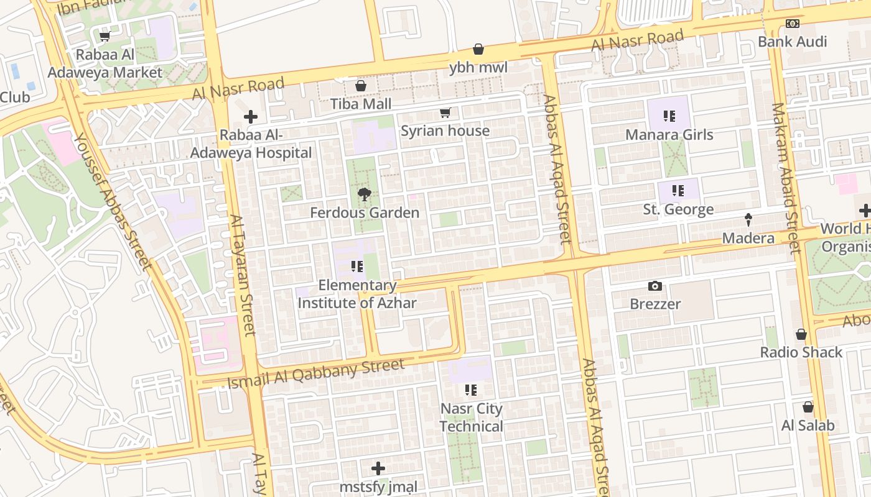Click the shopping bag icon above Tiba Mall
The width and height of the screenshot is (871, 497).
coord(360,86)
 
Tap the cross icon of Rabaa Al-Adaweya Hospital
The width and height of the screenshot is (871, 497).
coord(251,117)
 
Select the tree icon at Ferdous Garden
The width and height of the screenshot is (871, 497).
coord(365,195)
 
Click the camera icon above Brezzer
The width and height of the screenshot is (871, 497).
coord(654,286)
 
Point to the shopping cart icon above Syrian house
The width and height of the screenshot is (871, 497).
coord(445,113)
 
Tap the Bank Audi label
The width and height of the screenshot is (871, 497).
coord(792,42)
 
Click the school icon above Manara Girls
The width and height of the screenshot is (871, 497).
coord(669,116)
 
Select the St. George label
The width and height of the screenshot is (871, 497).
coord(678,209)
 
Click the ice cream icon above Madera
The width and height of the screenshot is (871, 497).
coord(748,220)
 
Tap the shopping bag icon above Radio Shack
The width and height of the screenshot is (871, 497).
coord(801,334)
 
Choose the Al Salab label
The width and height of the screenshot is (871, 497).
coord(808,426)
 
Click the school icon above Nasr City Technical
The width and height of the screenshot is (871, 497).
coord(471,390)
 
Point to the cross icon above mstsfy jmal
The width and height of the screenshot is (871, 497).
coord(378,468)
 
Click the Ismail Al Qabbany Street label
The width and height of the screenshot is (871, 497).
coord(316,374)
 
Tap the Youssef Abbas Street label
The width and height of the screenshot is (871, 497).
coord(113,202)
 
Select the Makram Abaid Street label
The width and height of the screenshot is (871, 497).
coord(785,178)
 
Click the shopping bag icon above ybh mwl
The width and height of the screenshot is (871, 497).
coord(478,49)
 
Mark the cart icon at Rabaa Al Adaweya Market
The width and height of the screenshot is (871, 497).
coord(105,37)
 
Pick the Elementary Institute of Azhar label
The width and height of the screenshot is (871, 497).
coord(356,294)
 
